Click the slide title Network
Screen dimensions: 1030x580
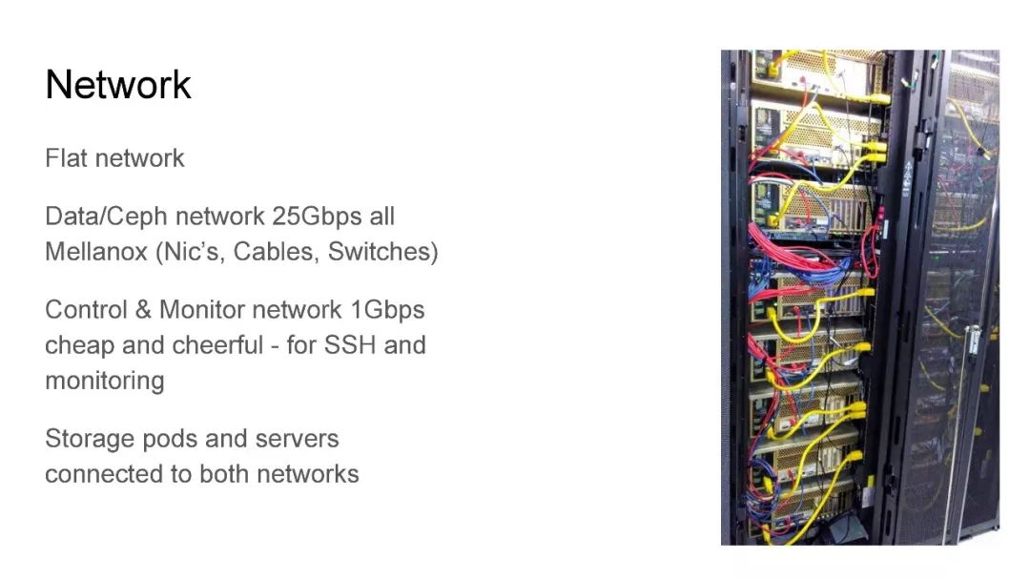(118, 85)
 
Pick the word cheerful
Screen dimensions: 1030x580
(217, 344)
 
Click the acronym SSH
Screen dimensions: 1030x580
(350, 344)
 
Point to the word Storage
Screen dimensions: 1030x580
(89, 439)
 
